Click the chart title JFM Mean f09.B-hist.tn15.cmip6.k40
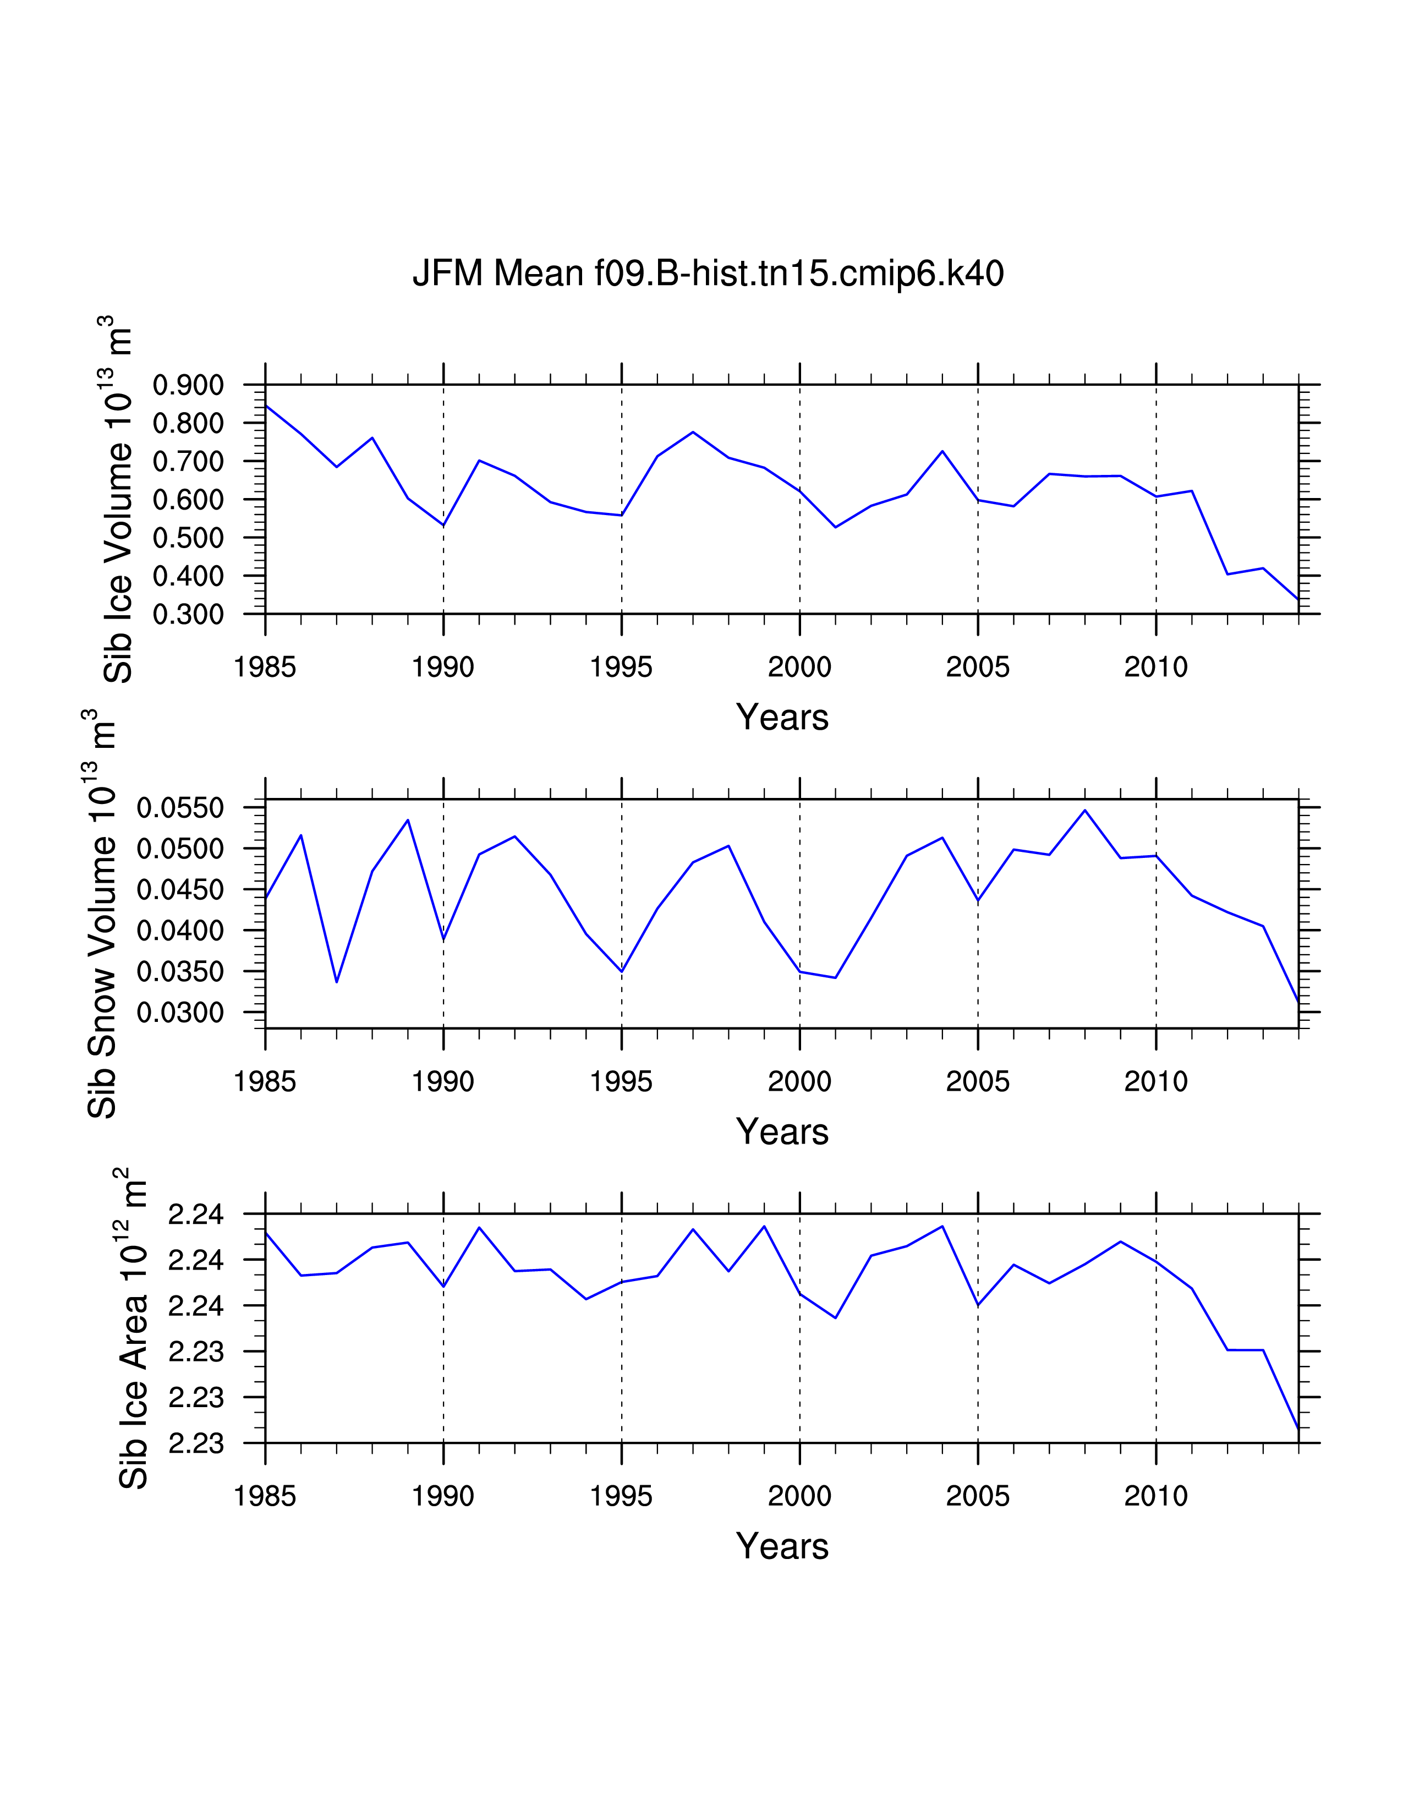click(708, 274)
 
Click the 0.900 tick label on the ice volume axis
click(188, 386)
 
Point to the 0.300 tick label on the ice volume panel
click(188, 615)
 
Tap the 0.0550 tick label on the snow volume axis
click(179, 807)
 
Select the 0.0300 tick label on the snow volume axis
click(179, 1013)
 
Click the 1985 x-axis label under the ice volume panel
click(265, 667)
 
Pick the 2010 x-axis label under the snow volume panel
click(1155, 1082)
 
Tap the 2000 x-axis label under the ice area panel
click(799, 1496)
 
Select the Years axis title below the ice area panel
click(782, 1546)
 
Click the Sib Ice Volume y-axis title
click(118, 500)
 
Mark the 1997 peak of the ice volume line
click(693, 433)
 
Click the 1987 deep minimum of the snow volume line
click(337, 982)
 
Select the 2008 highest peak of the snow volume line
click(1084, 810)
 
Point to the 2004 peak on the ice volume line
click(942, 451)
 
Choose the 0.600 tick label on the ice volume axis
click(188, 500)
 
